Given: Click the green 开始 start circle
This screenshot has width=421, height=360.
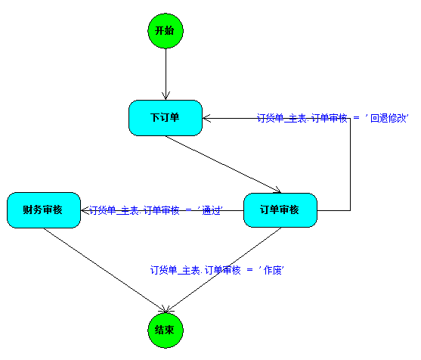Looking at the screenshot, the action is pyautogui.click(x=166, y=31).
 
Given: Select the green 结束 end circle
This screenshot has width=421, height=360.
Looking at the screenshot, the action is pyautogui.click(x=166, y=331).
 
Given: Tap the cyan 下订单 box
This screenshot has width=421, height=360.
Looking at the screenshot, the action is pyautogui.click(x=166, y=118).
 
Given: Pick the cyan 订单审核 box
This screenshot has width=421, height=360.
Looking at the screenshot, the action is pyautogui.click(x=280, y=210).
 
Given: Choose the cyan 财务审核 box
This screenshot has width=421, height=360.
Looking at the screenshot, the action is pyautogui.click(x=44, y=210).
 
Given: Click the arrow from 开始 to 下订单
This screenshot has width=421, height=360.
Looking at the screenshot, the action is pyautogui.click(x=166, y=74).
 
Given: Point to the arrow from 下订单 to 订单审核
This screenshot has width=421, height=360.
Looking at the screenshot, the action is pyautogui.click(x=223, y=164).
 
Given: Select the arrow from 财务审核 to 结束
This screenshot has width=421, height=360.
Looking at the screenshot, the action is pyautogui.click(x=105, y=271).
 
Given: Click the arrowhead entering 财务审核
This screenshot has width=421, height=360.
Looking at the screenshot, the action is pyautogui.click(x=85, y=210).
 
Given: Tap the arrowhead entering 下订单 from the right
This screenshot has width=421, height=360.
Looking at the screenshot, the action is pyautogui.click(x=207, y=118).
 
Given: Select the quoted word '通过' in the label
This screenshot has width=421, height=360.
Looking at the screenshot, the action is pyautogui.click(x=210, y=210).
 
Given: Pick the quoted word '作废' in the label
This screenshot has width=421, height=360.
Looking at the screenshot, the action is pyautogui.click(x=271, y=270).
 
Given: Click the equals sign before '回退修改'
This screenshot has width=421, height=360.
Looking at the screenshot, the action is pyautogui.click(x=356, y=118).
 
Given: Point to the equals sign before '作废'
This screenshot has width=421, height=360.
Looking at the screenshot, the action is pyautogui.click(x=249, y=270).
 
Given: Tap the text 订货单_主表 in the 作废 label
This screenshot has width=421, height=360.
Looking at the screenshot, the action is pyautogui.click(x=175, y=270).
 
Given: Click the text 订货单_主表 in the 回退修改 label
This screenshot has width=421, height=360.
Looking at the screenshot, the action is pyautogui.click(x=282, y=118).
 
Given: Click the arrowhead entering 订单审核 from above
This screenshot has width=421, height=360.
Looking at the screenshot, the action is pyautogui.click(x=278, y=191).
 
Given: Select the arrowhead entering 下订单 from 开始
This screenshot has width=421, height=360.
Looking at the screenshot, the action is pyautogui.click(x=166, y=96).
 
